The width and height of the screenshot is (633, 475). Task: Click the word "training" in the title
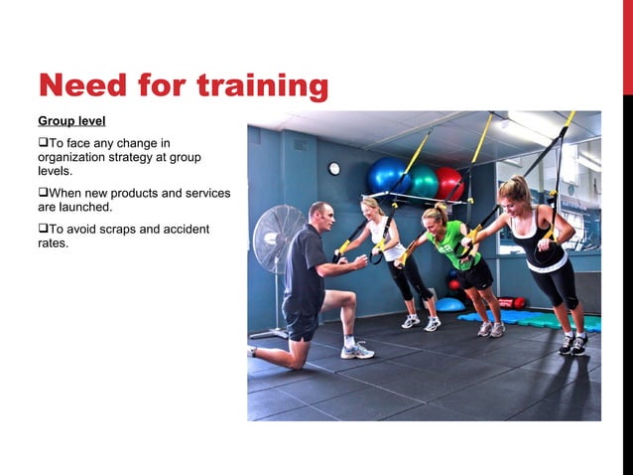[263, 85]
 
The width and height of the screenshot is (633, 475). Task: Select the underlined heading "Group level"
[71, 122]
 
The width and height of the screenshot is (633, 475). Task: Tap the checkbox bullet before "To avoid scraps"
[43, 230]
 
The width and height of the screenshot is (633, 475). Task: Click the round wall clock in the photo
[334, 168]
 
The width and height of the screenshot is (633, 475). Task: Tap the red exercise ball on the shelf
[450, 182]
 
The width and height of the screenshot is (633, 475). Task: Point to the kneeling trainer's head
[319, 215]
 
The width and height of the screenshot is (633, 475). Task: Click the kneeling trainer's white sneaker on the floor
[357, 351]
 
